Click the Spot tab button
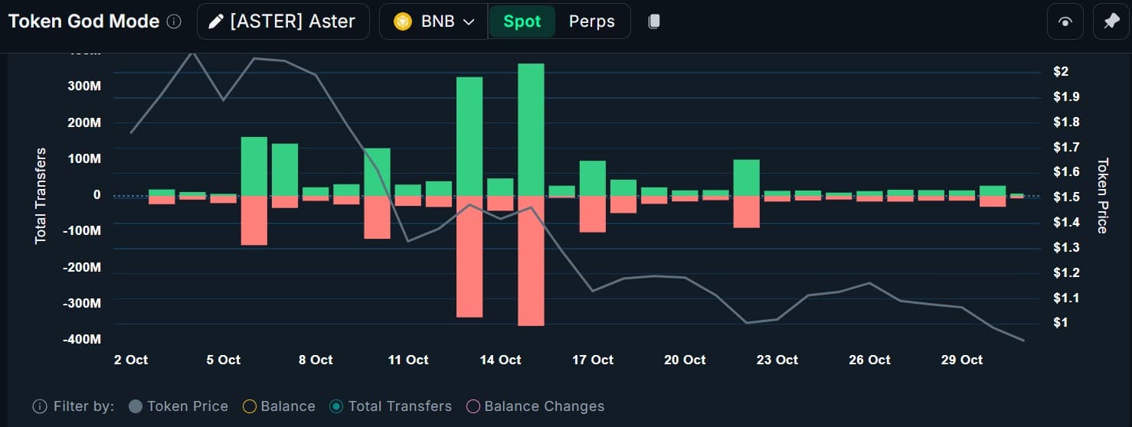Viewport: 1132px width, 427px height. tap(522, 21)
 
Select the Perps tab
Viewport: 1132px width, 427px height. tap(591, 21)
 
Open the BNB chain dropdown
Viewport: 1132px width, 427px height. tap(434, 21)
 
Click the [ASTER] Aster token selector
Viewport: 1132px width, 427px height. tap(283, 21)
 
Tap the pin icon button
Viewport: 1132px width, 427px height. tap(1111, 21)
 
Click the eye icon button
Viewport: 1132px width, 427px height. tap(1065, 21)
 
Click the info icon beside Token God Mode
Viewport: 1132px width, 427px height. tap(174, 22)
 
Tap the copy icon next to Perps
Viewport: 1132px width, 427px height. tap(654, 21)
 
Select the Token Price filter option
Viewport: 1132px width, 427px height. tap(178, 406)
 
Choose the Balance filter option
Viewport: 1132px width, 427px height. tap(278, 406)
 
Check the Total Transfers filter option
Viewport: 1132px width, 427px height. tap(390, 406)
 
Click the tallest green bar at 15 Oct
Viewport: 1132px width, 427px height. tap(531, 129)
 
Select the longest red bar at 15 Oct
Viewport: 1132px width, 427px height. tap(531, 261)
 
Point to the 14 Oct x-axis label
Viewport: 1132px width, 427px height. tap(500, 360)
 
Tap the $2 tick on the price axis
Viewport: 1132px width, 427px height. tap(1061, 72)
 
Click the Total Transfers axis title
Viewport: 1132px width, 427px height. tap(41, 196)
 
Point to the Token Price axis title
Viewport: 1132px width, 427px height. tap(1102, 196)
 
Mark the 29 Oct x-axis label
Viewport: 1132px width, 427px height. tap(961, 360)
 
